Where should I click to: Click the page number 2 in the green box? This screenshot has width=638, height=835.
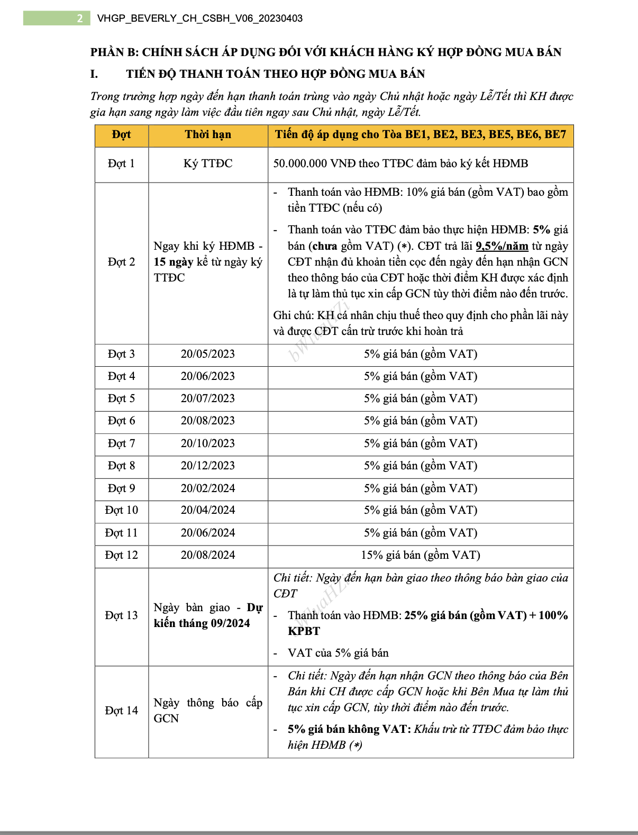point(80,19)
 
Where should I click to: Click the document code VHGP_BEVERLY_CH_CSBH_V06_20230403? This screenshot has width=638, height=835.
point(200,19)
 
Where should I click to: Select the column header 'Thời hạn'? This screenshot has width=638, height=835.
point(208,134)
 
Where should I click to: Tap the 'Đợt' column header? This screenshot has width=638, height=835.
point(121,134)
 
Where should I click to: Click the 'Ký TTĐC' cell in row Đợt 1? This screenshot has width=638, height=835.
point(208,164)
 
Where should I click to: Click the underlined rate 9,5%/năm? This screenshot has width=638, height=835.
point(502,246)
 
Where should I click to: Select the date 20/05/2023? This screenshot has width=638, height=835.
point(208,354)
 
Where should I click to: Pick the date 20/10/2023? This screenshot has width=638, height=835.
point(208,443)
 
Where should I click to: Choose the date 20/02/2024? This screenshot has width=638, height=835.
point(208,488)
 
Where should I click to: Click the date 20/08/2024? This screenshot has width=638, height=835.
point(208,555)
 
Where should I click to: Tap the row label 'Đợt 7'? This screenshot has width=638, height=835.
point(121,443)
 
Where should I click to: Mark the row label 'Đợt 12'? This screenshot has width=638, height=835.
point(121,555)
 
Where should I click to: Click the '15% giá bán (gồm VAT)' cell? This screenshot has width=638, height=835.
point(421,555)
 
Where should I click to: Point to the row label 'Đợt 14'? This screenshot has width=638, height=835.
point(121,711)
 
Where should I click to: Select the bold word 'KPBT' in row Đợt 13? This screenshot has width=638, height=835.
point(304,631)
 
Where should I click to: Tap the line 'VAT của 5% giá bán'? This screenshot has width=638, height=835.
point(338,653)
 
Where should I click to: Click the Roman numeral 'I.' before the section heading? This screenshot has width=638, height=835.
point(94,74)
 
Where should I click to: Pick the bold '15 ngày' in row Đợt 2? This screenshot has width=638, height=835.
point(173,262)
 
